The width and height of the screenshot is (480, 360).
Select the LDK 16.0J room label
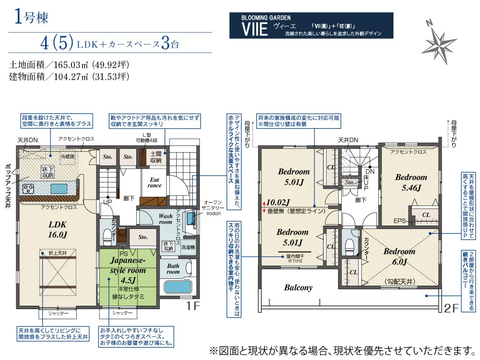tap(57, 229)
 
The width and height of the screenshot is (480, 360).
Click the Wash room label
tap(165, 219)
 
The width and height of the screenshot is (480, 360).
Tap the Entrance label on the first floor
tap(155, 182)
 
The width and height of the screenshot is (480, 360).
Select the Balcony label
tap(298, 288)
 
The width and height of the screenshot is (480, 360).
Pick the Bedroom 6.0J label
tap(399, 256)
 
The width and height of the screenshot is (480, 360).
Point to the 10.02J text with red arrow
tap(278, 202)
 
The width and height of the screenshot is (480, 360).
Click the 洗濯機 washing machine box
tap(188, 247)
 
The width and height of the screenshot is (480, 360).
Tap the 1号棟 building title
tap(29, 19)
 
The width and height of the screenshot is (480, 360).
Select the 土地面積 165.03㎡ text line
tap(70, 65)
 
